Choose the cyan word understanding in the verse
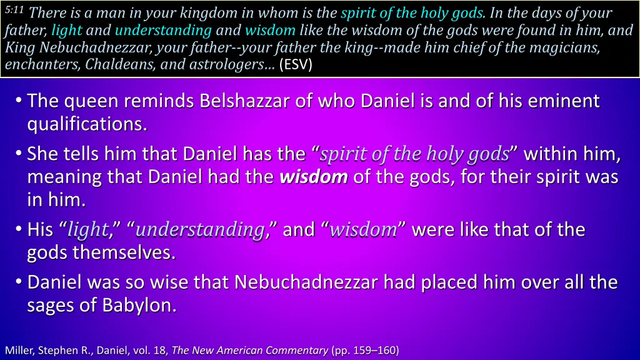[163, 29]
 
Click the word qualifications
[87, 125]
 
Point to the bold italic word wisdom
[313, 177]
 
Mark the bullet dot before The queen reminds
[20, 101]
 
